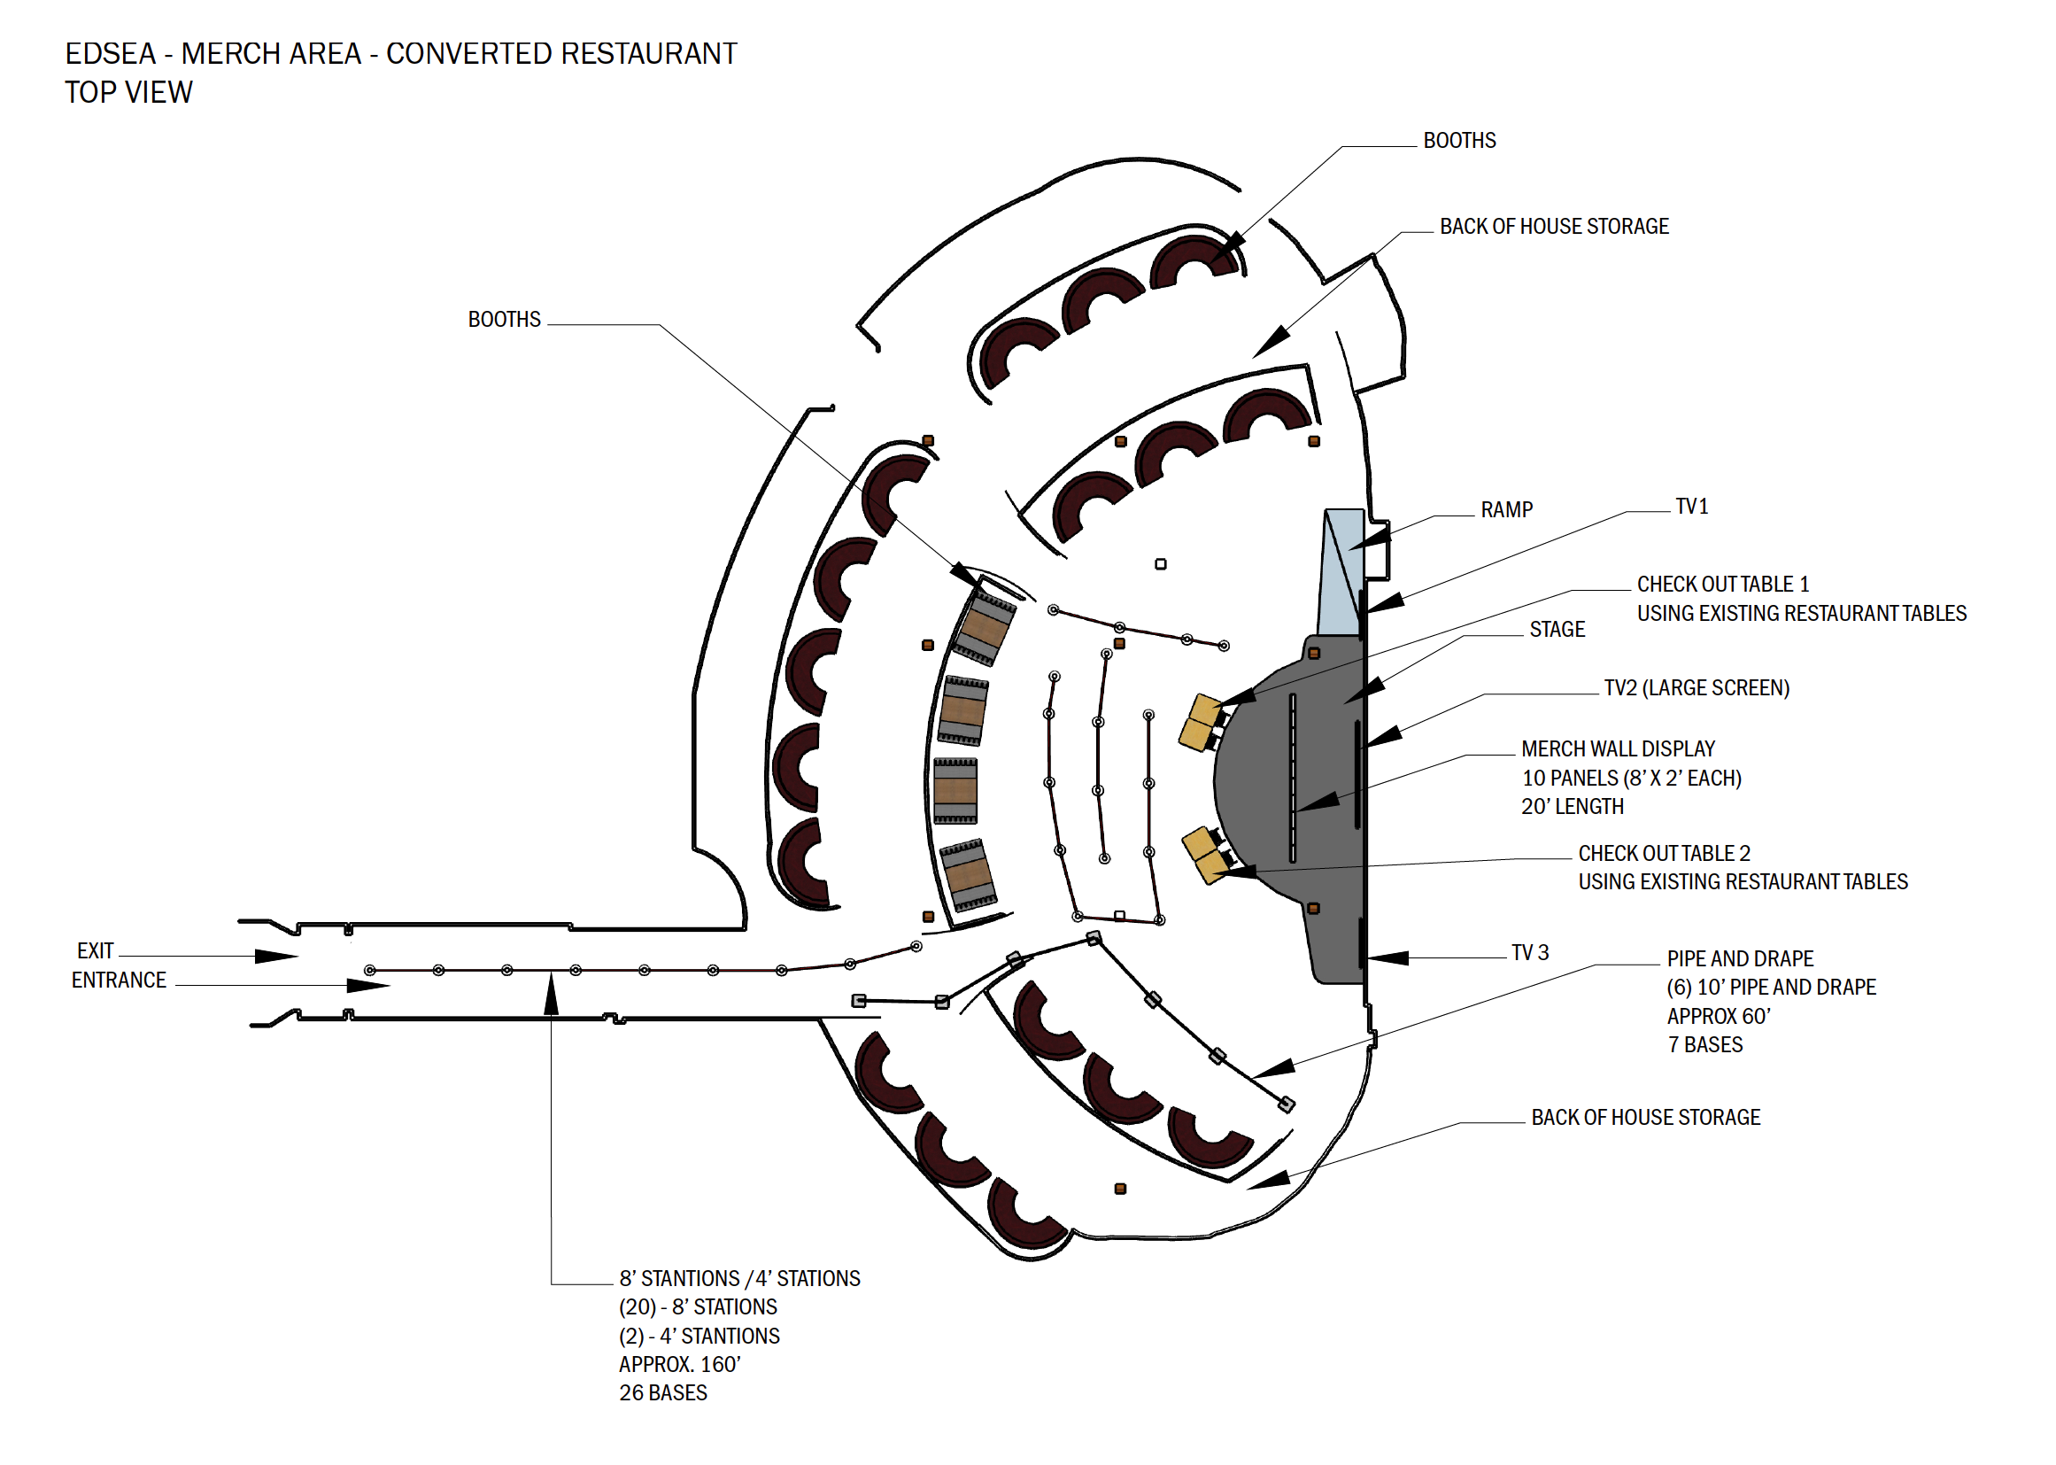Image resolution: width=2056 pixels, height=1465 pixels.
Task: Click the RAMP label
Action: point(1505,510)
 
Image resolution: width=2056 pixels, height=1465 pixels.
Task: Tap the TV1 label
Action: point(1691,507)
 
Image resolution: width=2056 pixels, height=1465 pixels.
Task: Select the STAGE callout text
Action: point(1557,630)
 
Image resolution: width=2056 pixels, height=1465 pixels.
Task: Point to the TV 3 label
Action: point(1529,953)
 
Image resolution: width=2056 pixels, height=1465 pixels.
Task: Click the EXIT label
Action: point(95,950)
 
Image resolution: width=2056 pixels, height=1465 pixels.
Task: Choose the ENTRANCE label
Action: point(118,981)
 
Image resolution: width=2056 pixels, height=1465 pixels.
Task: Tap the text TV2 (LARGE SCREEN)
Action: point(1696,688)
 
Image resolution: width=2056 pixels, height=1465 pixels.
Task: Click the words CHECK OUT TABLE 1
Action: point(1722,585)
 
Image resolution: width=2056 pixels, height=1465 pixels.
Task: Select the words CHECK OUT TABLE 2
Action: point(1663,853)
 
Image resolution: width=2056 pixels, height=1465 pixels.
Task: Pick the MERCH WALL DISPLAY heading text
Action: point(1617,748)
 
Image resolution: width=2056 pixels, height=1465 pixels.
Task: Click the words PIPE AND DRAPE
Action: point(1740,959)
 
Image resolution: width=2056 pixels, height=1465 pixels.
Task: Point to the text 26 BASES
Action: point(663,1393)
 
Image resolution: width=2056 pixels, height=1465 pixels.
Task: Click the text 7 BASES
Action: point(1704,1044)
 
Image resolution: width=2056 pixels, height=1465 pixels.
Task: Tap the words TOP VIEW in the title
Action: point(128,93)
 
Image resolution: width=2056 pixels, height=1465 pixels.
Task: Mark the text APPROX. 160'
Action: point(679,1364)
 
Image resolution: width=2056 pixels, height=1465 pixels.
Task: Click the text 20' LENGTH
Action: point(1572,807)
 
